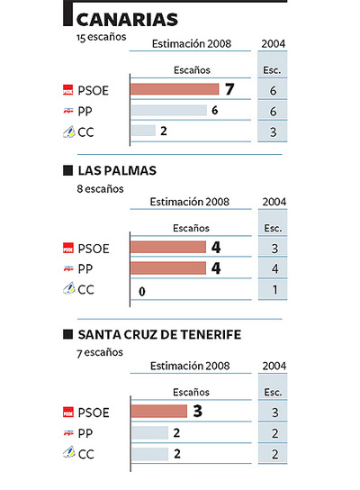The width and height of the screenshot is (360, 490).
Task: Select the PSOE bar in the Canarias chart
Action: [175, 89]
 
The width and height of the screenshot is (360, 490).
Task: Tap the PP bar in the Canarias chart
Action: [168, 110]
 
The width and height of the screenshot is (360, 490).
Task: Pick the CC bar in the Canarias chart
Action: [143, 131]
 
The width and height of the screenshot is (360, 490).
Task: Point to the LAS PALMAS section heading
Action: [118, 170]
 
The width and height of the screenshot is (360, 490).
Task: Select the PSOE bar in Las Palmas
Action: [168, 248]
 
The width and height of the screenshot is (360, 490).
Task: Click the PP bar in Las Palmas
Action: [168, 268]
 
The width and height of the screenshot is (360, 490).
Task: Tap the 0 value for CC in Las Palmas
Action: [142, 291]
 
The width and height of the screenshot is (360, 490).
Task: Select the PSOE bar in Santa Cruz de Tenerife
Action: [158, 412]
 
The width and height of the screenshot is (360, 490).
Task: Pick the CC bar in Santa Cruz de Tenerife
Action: [149, 454]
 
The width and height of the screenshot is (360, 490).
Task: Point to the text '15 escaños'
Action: [101, 39]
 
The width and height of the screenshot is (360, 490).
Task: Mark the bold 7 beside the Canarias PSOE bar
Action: [229, 88]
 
